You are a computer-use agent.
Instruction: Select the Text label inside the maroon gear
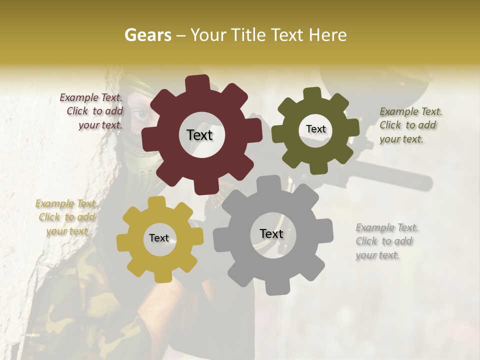(199, 135)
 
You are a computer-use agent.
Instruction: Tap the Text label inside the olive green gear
(315, 129)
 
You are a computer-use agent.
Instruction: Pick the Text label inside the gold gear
(159, 238)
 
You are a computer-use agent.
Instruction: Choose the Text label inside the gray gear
(271, 233)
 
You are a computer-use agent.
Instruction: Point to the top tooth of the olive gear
(312, 93)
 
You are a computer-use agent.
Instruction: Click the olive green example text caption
(410, 125)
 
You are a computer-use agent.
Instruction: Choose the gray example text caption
(387, 241)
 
